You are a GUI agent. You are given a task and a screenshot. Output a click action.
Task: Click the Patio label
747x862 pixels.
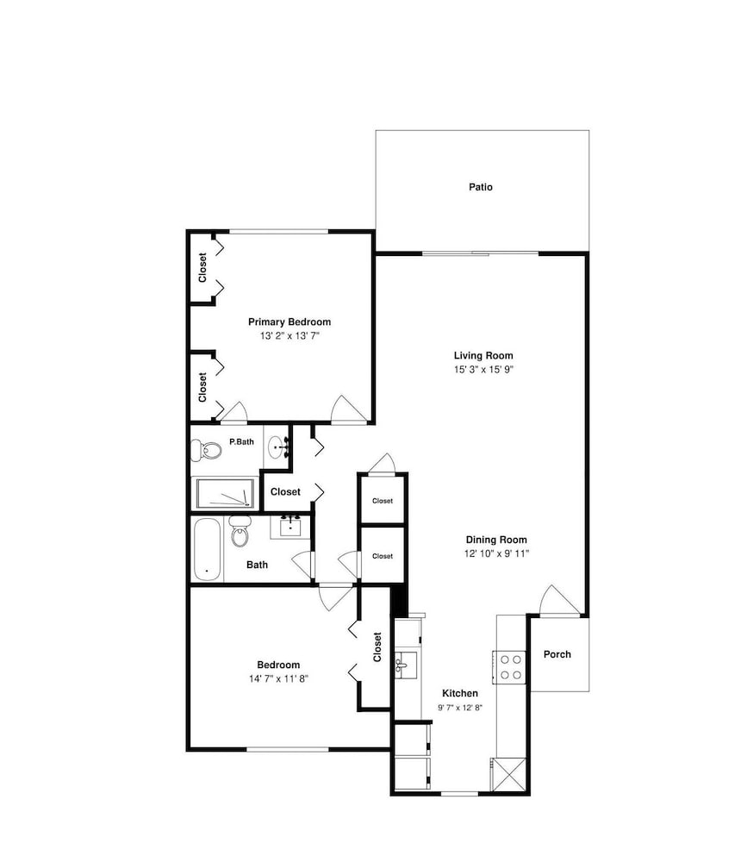click(x=481, y=187)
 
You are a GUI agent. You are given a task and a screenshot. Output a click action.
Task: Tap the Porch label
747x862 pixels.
click(x=557, y=654)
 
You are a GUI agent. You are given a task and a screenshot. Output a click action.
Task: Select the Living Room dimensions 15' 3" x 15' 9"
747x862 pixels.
click(x=483, y=370)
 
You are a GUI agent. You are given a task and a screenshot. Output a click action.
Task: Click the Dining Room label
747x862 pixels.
click(x=496, y=540)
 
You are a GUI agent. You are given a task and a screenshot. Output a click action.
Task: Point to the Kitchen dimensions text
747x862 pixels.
click(x=460, y=708)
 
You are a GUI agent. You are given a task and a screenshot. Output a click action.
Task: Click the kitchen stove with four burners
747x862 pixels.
click(x=509, y=667)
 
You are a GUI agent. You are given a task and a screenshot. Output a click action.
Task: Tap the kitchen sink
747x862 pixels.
click(x=405, y=665)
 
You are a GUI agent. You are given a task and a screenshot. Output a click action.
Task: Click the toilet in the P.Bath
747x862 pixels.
click(x=206, y=450)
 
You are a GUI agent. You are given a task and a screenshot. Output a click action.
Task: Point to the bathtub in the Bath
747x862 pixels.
click(x=208, y=549)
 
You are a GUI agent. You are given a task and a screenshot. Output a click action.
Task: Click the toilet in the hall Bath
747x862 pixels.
click(x=240, y=531)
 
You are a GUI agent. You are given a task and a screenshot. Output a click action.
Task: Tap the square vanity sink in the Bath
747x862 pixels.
click(x=289, y=527)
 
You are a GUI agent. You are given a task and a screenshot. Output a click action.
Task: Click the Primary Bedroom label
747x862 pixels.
click(x=289, y=322)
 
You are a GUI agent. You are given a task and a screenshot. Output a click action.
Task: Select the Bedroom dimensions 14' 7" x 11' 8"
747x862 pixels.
click(x=278, y=679)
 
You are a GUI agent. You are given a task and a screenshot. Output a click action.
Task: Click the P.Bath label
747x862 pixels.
click(x=241, y=441)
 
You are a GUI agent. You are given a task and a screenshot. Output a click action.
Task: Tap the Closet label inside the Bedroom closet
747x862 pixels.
click(x=377, y=647)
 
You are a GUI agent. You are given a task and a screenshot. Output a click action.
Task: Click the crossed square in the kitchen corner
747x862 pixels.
click(x=508, y=775)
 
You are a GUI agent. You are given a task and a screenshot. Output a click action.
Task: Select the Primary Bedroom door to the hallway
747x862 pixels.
click(x=348, y=409)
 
